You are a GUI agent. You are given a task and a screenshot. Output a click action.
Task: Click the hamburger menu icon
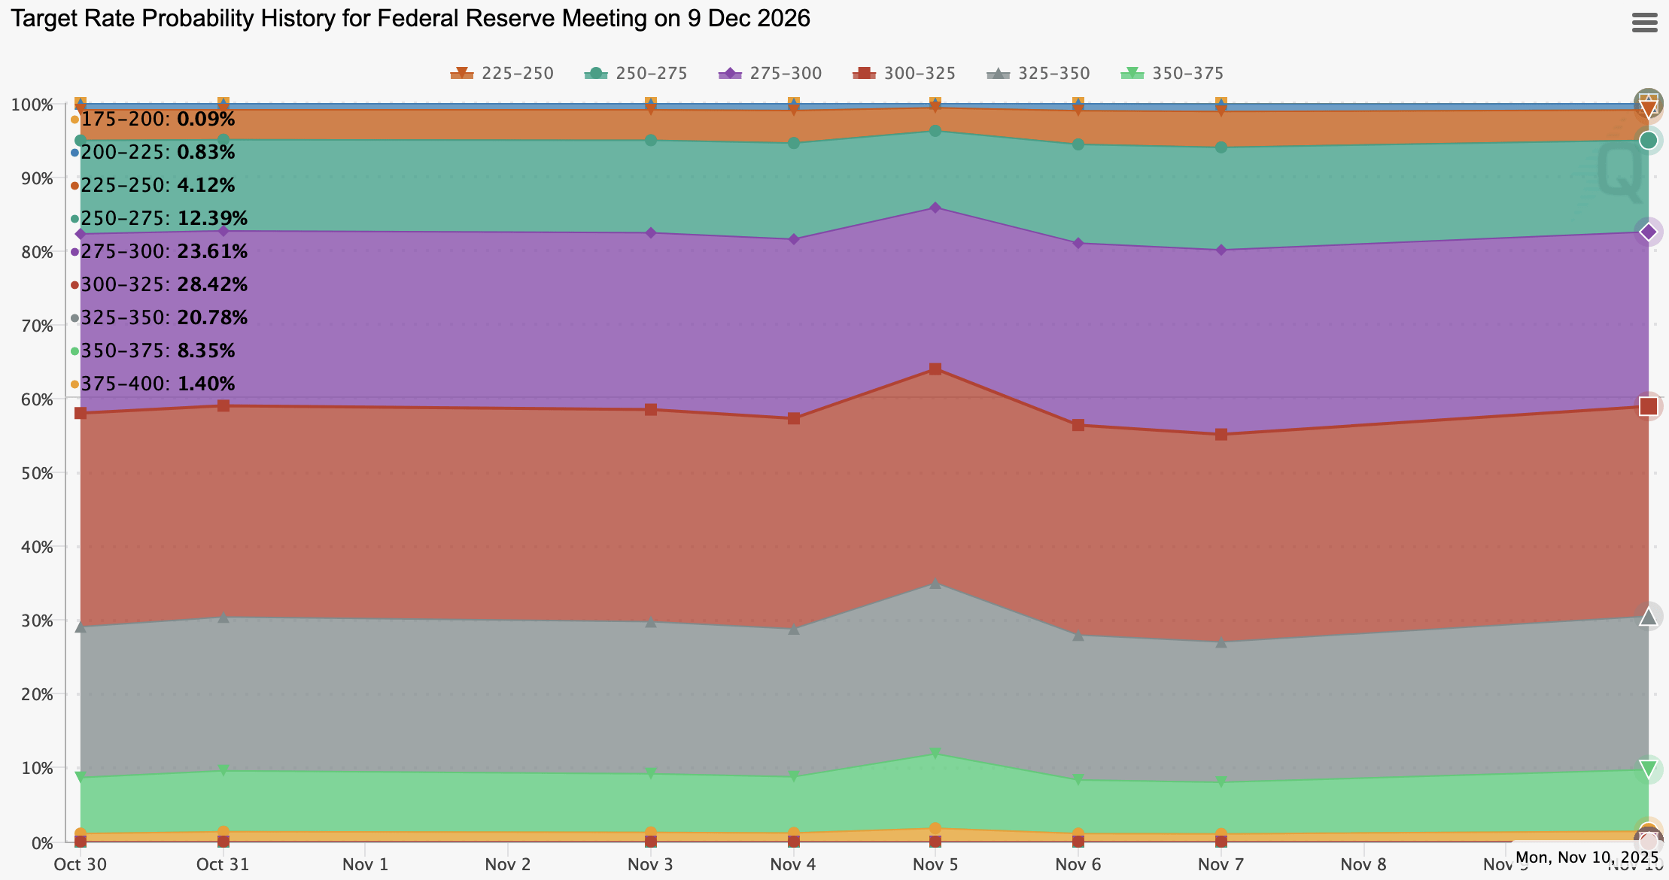pyautogui.click(x=1644, y=23)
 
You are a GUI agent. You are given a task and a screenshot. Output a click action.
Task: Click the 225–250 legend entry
pyautogui.click(x=503, y=74)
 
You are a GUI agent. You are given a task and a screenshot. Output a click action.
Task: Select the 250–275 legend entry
pyautogui.click(x=637, y=74)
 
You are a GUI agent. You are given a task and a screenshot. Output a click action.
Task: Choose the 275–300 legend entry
pyautogui.click(x=771, y=74)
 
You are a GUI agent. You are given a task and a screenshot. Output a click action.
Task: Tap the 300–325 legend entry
pyautogui.click(x=904, y=74)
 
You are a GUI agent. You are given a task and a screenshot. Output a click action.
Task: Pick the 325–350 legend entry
pyautogui.click(x=1038, y=74)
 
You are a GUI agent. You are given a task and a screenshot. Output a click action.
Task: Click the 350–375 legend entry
pyautogui.click(x=1172, y=74)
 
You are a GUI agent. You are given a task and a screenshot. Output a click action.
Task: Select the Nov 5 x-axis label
pyautogui.click(x=935, y=865)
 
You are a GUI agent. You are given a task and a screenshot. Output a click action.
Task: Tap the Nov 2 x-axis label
pyautogui.click(x=508, y=865)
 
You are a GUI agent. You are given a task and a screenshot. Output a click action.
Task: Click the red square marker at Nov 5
pyautogui.click(x=935, y=369)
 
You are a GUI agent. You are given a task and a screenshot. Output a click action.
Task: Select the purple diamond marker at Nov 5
pyautogui.click(x=935, y=208)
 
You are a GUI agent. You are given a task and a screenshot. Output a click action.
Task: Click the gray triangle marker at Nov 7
pyautogui.click(x=1221, y=642)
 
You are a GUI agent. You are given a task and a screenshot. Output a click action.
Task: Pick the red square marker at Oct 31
pyautogui.click(x=223, y=406)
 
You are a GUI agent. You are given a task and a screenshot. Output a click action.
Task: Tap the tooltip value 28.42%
pyautogui.click(x=212, y=285)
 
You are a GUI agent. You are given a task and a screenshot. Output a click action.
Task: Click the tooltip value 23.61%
pyautogui.click(x=212, y=252)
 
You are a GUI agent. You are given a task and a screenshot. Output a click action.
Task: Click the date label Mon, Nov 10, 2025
pyautogui.click(x=1586, y=857)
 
